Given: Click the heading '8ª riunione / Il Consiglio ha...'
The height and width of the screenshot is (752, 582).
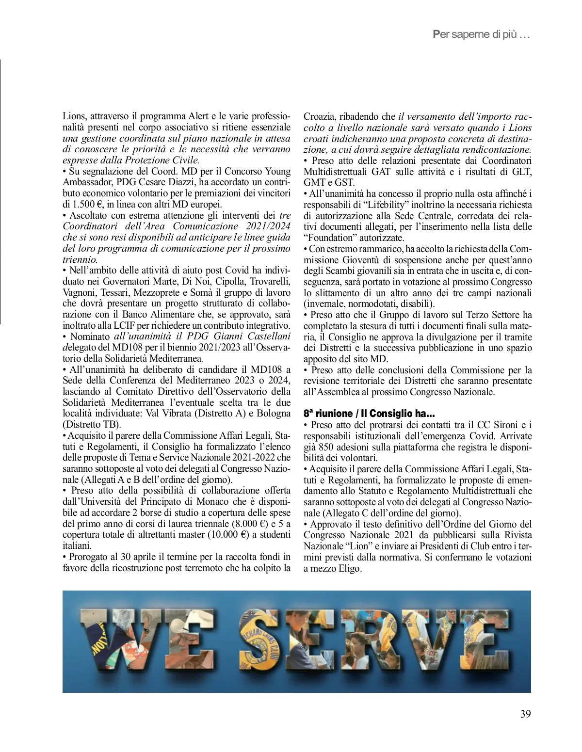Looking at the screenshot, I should (369, 414).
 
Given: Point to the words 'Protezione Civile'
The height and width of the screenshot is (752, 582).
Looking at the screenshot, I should (165, 160).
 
